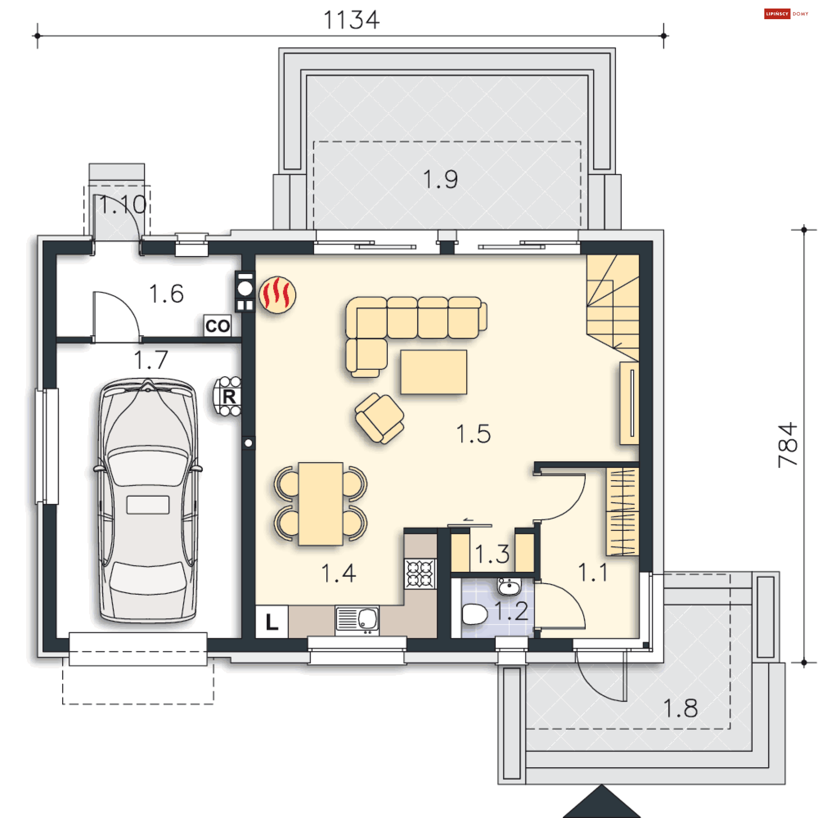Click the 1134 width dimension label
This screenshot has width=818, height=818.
351,20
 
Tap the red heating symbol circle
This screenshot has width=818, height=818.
277,295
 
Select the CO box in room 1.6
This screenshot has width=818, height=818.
217,326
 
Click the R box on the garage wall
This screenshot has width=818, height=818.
229,396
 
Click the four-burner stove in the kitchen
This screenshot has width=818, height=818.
420,573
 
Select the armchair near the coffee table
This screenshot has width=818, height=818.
379,418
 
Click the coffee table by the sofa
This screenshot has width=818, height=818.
433,372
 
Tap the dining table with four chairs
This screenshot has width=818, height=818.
320,504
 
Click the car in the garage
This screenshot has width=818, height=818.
148,501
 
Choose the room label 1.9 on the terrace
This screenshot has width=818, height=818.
441,179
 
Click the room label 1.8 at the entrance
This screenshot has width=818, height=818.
680,708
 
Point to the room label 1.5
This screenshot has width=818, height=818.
473,434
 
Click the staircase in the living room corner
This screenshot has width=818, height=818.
613,307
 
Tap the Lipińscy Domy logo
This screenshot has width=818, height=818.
786,14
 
